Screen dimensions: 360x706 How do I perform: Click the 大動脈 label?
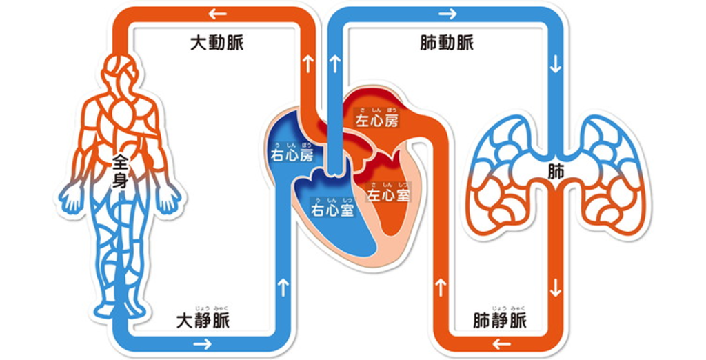coord(216,43)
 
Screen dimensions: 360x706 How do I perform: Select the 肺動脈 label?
coord(447,43)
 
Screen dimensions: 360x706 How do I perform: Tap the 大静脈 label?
coord(203,321)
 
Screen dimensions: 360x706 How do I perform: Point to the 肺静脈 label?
coord(501,321)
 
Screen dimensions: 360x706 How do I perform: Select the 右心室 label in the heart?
coord(332,209)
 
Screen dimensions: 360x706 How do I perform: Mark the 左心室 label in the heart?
coord(387,196)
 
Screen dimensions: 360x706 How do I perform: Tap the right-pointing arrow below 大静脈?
coord(203,343)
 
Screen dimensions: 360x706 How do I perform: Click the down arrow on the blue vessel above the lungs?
coord(556,69)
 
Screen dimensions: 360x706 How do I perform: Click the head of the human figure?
coord(119,69)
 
